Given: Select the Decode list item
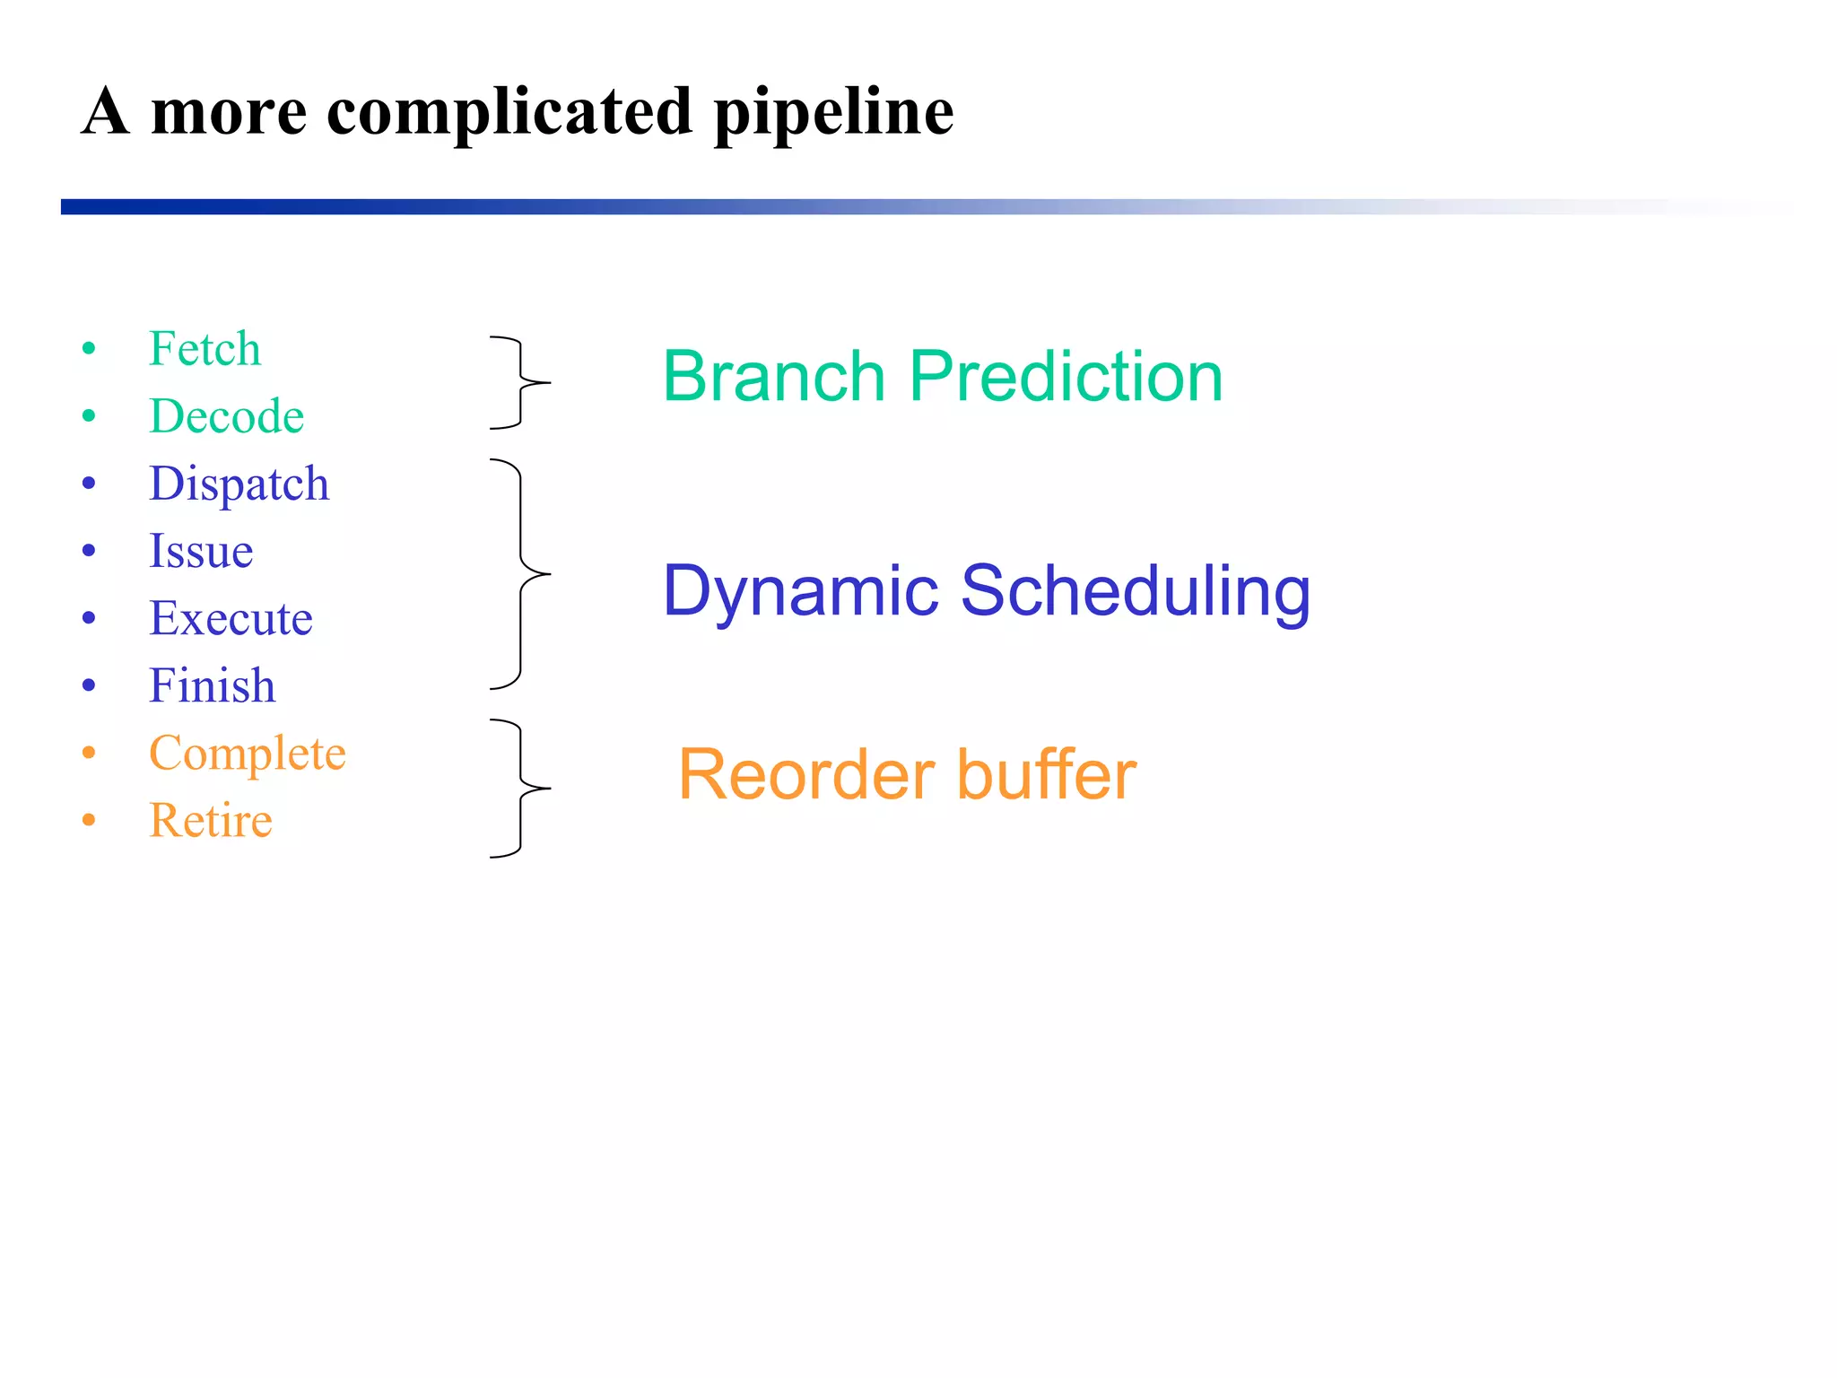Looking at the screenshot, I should pos(226,416).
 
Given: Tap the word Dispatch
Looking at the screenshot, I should pos(239,484).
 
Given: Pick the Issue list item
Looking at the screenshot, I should pos(201,551).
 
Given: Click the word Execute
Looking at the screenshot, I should pos(231,618).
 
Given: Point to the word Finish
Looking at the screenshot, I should pos(212,685).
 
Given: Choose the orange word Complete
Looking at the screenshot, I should pos(247,753).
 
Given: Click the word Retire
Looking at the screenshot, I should pos(211,820).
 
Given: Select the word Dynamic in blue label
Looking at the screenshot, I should pos(800,591).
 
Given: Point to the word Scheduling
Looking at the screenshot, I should pos(1135,591).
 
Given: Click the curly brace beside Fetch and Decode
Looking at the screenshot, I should pos(521,383).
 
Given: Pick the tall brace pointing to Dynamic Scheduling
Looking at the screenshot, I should pos(521,574).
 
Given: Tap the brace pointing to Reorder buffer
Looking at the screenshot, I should pos(521,789).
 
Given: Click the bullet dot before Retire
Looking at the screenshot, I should pos(89,820).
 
